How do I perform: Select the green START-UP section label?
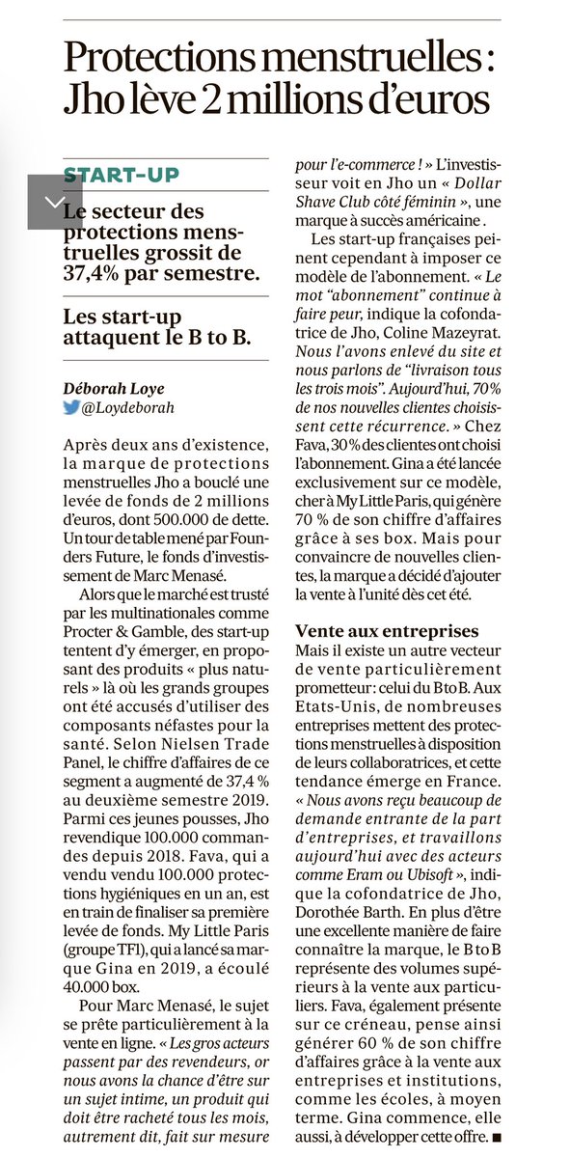pos(122,176)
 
